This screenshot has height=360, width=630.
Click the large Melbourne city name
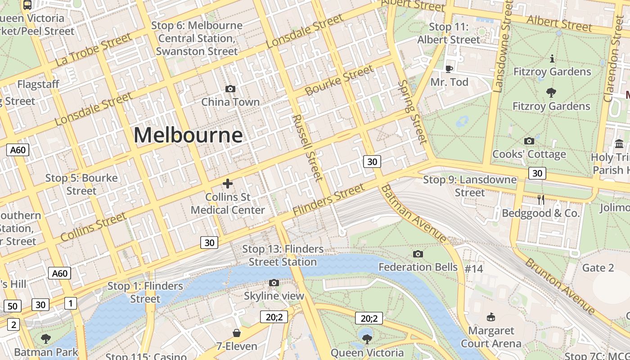coord(188,135)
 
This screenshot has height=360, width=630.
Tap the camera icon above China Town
coord(230,89)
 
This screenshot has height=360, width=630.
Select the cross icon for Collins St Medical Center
coord(228,183)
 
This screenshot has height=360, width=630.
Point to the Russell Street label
coord(307,147)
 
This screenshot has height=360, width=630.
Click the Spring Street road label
coord(412,112)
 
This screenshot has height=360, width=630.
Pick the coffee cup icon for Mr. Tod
coord(449,68)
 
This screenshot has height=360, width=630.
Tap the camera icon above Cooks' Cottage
coord(529,141)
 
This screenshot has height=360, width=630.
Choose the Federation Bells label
coord(418,267)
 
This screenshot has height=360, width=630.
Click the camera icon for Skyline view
coord(274,283)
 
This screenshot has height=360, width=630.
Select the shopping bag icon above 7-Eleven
coord(237,333)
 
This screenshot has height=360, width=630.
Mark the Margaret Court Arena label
coord(491,337)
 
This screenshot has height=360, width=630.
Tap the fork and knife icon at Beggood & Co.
coord(541,199)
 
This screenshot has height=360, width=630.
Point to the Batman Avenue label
coord(414,214)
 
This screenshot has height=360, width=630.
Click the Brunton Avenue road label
coord(560,286)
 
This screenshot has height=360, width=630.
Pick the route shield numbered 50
coord(12,306)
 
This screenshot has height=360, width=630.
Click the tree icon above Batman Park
coord(45,338)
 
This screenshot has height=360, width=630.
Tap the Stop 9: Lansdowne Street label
coord(470,186)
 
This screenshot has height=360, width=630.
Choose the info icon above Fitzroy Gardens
coord(552,58)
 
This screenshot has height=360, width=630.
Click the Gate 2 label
coord(598,268)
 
